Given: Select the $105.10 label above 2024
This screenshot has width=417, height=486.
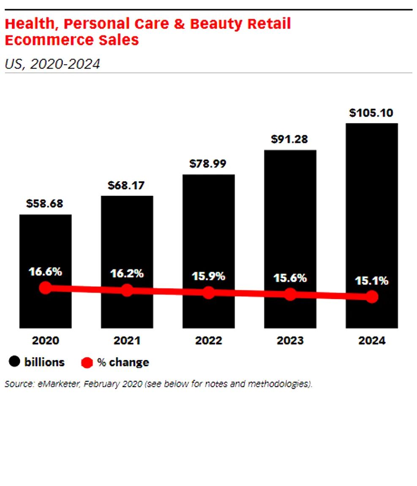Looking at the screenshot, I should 371,113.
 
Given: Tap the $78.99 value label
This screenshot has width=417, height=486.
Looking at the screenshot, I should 208,164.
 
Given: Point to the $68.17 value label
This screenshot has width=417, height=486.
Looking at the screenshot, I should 126,185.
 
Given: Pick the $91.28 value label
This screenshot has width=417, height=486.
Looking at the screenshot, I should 289,139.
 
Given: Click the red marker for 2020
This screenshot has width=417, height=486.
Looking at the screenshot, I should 45,288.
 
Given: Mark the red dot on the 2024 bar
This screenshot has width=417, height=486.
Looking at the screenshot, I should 372,297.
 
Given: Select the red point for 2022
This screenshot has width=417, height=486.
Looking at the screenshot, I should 208,292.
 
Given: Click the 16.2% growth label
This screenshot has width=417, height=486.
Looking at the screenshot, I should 127,273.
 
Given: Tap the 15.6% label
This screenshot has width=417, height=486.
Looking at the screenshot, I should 290,278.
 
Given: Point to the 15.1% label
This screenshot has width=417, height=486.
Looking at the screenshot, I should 371,281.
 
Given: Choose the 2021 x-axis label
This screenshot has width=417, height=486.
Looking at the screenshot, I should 127,341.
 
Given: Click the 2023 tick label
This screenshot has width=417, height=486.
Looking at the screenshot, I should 290,341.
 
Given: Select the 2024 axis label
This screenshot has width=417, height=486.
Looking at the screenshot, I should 372,341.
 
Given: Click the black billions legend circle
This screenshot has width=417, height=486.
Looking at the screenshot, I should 15,362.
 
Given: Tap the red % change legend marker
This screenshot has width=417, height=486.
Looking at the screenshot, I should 87,363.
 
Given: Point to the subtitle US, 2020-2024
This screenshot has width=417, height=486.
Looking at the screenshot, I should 52,64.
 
